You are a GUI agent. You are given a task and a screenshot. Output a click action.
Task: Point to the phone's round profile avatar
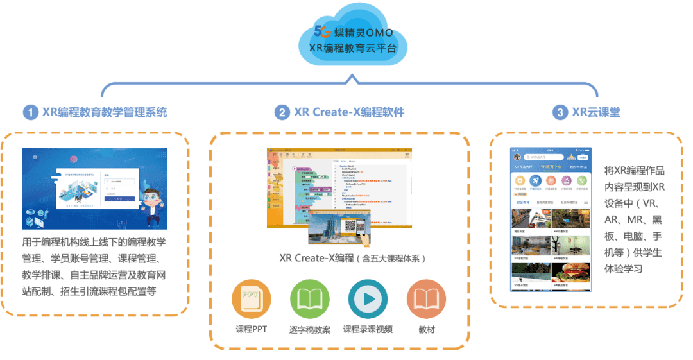pyautogui.click(x=517, y=157)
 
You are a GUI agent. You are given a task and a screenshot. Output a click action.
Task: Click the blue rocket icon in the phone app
pyautogui.click(x=535, y=181)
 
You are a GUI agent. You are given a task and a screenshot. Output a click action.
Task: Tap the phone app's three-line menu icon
pyautogui.click(x=585, y=202)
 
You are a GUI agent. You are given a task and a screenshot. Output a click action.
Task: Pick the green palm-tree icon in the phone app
pyautogui.click(x=583, y=181)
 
